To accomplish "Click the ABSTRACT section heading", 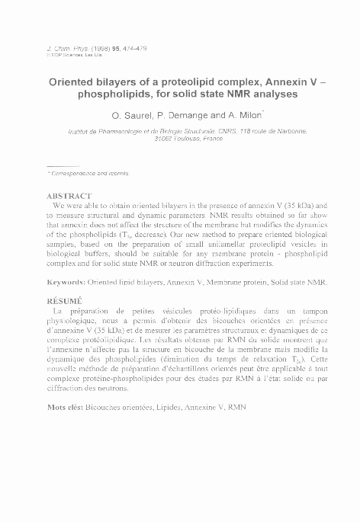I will coord(70,196).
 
